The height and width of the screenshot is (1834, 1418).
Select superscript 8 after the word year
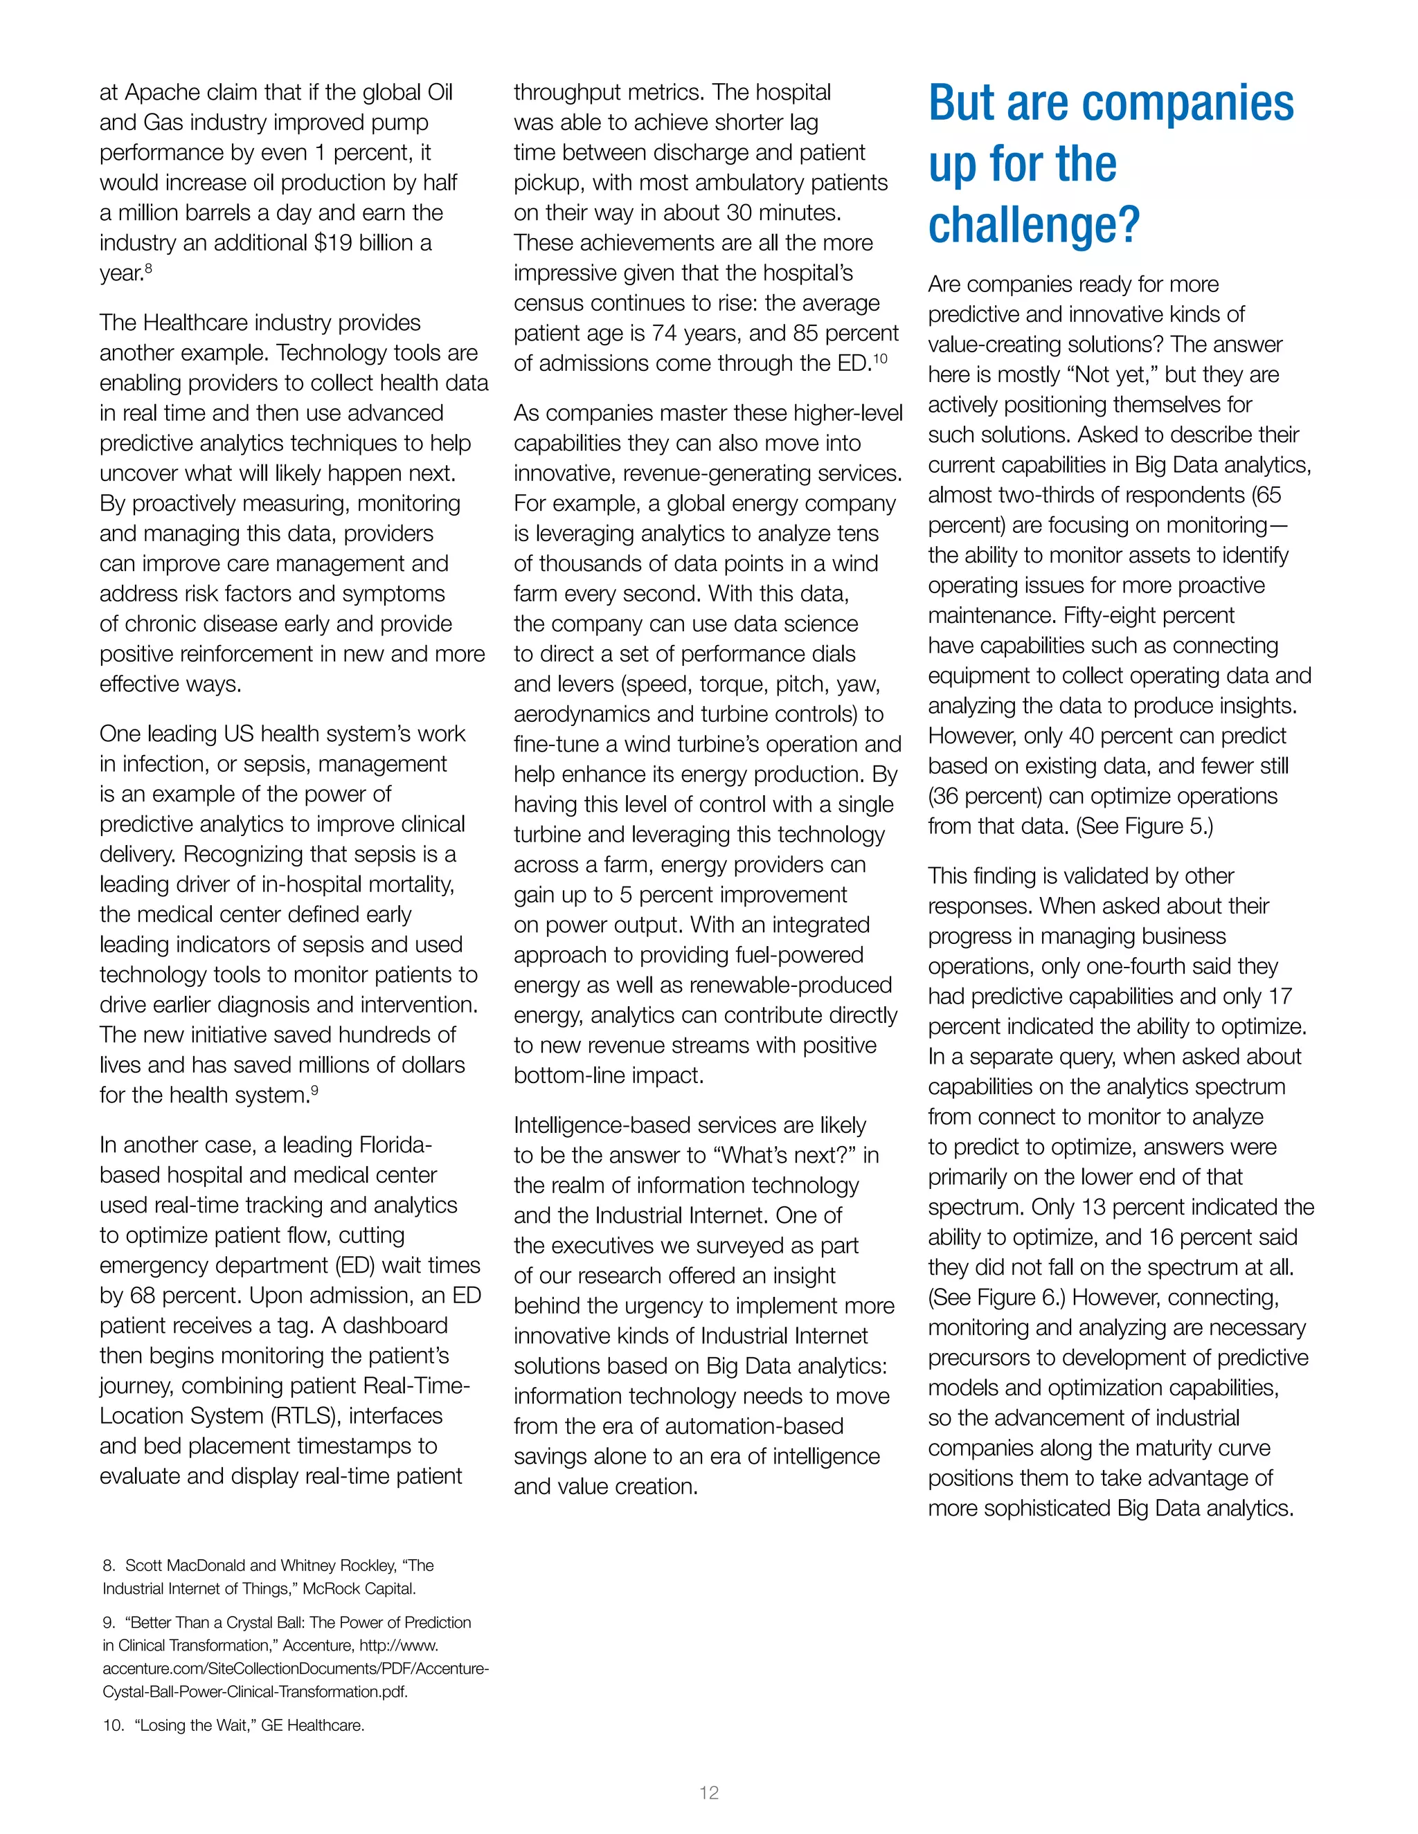tap(148, 268)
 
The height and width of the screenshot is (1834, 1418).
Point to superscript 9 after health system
tap(314, 1090)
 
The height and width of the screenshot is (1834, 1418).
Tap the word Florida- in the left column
tap(395, 1145)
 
